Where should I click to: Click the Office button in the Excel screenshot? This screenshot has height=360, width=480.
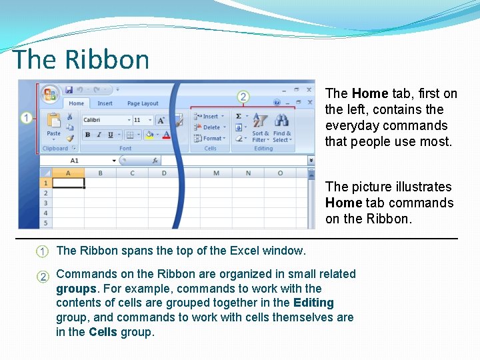coord(49,94)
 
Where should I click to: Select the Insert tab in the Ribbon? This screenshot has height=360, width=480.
coord(105,103)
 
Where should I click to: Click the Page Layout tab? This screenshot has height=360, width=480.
coord(143,103)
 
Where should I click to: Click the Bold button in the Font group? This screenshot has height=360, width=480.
coord(88,135)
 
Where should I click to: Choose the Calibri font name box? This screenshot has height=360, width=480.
coord(106,120)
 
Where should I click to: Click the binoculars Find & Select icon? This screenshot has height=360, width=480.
coord(282,121)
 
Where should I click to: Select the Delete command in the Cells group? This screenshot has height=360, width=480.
coord(211,127)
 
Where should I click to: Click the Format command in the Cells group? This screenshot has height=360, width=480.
coord(211,139)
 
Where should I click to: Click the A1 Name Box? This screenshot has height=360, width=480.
coord(75,161)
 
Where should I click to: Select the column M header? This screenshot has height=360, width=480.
coord(216,173)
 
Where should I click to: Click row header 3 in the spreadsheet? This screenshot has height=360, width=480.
coord(45,203)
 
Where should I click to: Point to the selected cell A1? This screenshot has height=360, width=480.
coord(69,183)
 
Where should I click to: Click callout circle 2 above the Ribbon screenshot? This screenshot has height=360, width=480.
coord(243,97)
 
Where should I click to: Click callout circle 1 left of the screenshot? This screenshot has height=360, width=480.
coord(25,119)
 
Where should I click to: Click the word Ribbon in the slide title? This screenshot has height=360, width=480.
coord(107,60)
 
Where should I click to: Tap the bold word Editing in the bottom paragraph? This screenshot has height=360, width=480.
coord(313,303)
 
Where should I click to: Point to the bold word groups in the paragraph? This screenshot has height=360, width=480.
coord(76,289)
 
